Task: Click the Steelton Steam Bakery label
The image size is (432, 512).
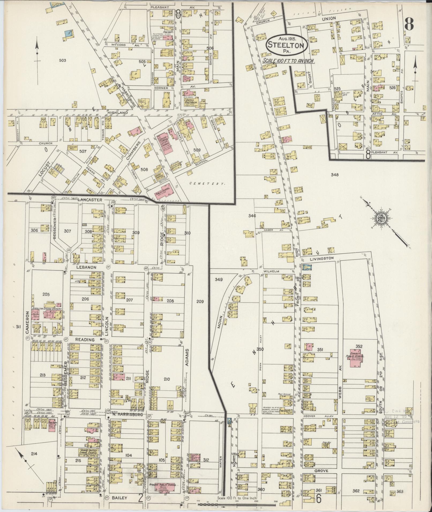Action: [x=47, y=309]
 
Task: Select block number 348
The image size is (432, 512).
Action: [x=335, y=175]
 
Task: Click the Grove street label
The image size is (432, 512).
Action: [x=321, y=471]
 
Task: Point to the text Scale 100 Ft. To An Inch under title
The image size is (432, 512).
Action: [x=288, y=60]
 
